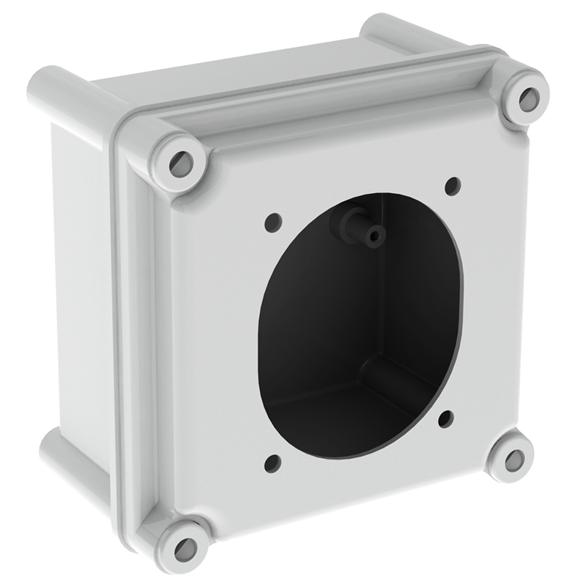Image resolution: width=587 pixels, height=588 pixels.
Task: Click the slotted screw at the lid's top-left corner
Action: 179,163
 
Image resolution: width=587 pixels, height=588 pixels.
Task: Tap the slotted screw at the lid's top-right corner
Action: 527,98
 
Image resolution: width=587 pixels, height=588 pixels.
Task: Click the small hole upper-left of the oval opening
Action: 274,220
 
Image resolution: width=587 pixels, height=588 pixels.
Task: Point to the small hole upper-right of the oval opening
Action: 453,185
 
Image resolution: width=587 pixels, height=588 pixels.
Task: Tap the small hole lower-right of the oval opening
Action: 445,419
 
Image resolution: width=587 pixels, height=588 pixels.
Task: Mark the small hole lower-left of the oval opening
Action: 272,462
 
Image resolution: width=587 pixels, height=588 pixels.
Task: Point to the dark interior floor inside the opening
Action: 330,418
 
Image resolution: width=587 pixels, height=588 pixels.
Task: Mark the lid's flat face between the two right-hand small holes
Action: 477,301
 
